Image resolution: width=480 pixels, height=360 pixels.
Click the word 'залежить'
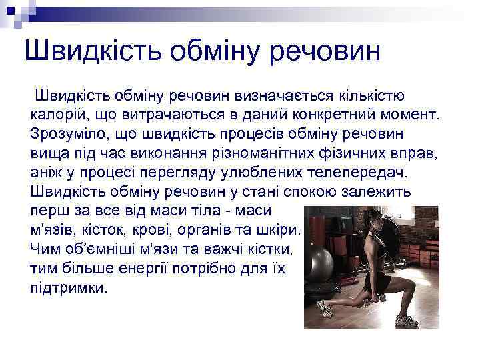click(x=378, y=191)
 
